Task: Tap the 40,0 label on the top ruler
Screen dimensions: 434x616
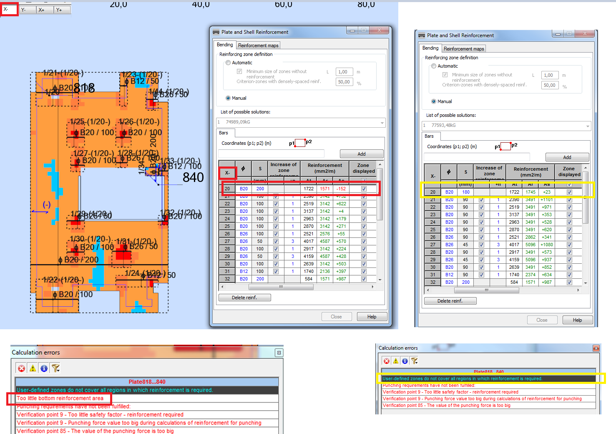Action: point(201,5)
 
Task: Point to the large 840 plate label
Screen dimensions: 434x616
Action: point(193,178)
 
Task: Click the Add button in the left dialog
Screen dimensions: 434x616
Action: point(361,154)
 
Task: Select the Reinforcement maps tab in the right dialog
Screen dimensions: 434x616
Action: point(464,49)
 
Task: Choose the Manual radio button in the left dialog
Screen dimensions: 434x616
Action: point(228,98)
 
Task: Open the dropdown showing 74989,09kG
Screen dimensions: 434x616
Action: point(301,122)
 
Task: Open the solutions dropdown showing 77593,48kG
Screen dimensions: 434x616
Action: point(506,126)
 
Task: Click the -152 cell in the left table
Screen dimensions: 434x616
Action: point(341,189)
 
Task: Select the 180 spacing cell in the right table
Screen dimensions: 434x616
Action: point(465,192)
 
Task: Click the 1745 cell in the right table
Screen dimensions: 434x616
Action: point(531,192)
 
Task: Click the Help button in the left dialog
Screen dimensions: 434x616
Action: point(372,317)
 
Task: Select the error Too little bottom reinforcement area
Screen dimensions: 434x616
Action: point(60,398)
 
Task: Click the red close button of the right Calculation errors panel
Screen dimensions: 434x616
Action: point(596,348)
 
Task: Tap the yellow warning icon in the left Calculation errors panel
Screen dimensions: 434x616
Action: point(33,368)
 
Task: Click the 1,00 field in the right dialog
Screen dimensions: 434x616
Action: point(548,75)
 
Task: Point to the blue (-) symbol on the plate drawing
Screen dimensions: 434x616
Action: point(47,204)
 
